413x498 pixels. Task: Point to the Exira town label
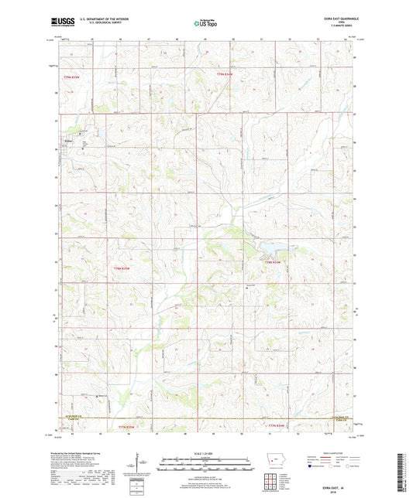(x=67, y=142)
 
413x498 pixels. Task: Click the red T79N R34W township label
(x=225, y=74)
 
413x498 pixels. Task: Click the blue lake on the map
(x=275, y=249)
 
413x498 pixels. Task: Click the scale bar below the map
(x=205, y=467)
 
